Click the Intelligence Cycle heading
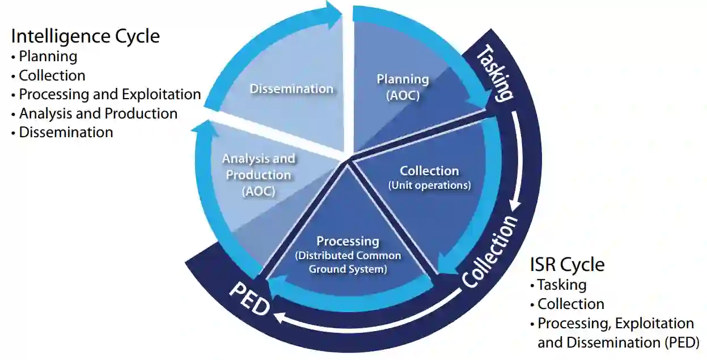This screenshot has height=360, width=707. pos(85,36)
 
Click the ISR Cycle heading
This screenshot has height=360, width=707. pos(567,264)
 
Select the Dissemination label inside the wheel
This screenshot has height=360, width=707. pos(291,88)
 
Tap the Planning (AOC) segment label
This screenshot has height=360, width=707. pos(403,87)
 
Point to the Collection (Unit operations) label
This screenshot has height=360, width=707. pos(429,177)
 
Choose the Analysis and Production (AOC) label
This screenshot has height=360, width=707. pos(259,175)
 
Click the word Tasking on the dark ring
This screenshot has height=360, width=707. pos(495,73)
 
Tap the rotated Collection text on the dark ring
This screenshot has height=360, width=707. pos(489,252)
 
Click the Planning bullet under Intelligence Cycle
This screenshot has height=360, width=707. pos(48,56)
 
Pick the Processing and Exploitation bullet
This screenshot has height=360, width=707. pos(109,94)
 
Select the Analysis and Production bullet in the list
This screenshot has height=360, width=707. pos(98,113)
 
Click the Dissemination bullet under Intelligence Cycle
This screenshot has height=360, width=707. pos(66,132)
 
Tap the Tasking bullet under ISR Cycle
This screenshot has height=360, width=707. pos(561,285)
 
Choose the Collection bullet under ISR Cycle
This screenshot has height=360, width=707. pos(570,304)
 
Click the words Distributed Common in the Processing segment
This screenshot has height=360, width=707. pos(348,256)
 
